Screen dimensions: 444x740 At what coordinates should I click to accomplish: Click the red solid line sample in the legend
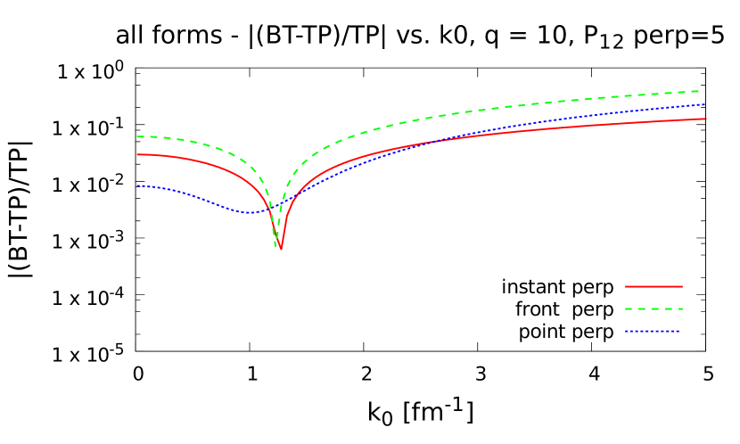(x=654, y=286)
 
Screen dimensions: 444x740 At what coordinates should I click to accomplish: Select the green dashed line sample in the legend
(x=654, y=308)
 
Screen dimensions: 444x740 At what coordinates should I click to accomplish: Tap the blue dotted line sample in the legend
(x=652, y=332)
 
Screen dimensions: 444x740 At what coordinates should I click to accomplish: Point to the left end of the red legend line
(x=626, y=286)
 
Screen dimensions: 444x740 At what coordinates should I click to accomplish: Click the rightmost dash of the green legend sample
(x=679, y=308)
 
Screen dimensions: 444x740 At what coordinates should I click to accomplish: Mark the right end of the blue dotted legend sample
(x=678, y=332)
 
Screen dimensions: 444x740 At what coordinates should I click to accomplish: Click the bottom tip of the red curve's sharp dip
(x=281, y=250)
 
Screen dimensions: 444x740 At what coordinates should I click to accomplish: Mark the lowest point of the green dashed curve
(x=276, y=244)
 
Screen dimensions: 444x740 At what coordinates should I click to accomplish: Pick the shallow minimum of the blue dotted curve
(x=249, y=213)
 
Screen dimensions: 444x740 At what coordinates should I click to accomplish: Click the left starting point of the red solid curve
(x=137, y=154)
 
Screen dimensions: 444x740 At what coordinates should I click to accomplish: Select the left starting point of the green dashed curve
(x=137, y=136)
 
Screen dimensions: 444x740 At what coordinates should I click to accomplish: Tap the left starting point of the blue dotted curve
(x=137, y=185)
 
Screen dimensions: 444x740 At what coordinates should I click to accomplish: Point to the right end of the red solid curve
(x=706, y=119)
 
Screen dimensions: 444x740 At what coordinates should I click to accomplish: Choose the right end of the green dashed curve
(x=698, y=91)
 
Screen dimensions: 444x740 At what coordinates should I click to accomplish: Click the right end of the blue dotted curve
(x=706, y=104)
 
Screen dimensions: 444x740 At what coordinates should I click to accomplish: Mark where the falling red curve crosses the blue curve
(x=271, y=208)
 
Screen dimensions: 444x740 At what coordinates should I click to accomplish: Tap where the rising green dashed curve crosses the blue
(x=283, y=203)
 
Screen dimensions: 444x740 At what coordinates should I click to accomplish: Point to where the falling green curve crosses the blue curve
(x=268, y=209)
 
